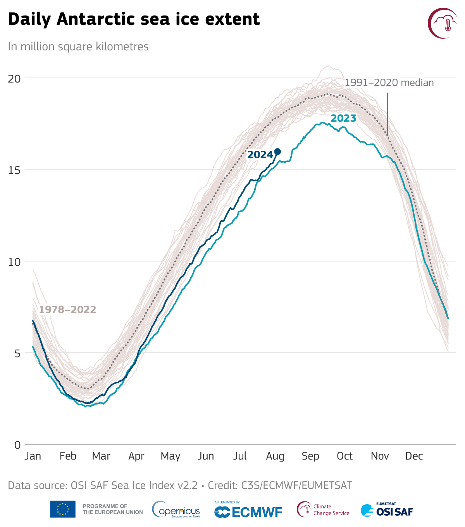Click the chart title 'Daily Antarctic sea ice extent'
(134, 19)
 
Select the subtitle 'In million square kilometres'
(78, 46)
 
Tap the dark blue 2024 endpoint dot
(277, 152)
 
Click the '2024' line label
(260, 155)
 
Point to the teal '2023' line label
(343, 118)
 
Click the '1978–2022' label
(67, 310)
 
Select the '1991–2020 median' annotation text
(389, 83)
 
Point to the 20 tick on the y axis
(14, 78)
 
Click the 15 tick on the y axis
(14, 170)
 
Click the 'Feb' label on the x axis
(68, 456)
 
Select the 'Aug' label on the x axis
(275, 456)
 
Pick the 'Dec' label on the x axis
(414, 456)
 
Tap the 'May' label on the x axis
(170, 456)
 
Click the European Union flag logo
(62, 509)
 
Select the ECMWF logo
(248, 511)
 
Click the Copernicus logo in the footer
(176, 510)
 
